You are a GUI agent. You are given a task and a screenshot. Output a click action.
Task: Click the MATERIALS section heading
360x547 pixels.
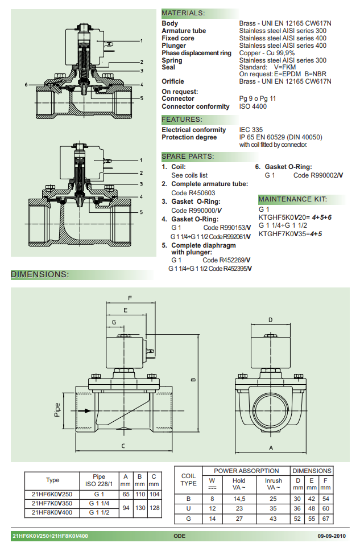click(183, 13)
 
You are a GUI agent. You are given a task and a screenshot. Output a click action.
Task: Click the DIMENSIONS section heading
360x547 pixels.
click(40, 274)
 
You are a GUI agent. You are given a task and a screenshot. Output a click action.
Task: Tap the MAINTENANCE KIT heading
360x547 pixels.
click(292, 199)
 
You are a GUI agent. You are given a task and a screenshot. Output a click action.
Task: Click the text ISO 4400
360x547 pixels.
click(253, 106)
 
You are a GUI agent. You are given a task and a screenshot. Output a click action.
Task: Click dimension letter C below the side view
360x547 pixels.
click(123, 446)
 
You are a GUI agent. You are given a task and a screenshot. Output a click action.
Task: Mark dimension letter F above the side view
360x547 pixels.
click(130, 298)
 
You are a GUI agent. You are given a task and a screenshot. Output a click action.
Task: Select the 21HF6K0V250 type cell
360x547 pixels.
click(52, 494)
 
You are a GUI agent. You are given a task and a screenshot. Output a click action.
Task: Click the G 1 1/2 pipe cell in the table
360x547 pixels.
click(100, 513)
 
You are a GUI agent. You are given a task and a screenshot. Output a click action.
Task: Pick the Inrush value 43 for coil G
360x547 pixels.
click(273, 518)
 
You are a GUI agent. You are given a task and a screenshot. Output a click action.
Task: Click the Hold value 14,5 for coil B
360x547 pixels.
click(239, 498)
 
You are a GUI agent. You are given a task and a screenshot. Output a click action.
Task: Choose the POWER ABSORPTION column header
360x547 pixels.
click(246, 471)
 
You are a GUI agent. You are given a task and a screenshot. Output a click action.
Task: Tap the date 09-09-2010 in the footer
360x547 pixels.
click(332, 536)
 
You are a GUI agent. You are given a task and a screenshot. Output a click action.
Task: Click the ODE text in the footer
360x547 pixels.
click(180, 536)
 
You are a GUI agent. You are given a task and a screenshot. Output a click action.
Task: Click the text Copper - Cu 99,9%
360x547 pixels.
click(267, 53)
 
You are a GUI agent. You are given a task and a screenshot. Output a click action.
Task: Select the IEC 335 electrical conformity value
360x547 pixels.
click(251, 130)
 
